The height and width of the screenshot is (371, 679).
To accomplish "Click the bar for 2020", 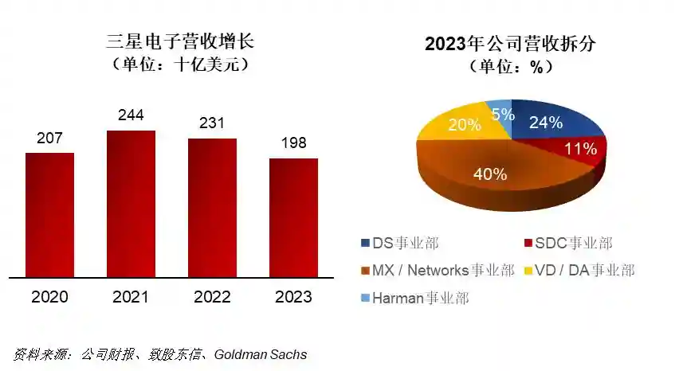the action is click(x=49, y=215).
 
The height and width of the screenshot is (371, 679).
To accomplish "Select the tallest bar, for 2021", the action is click(x=131, y=204).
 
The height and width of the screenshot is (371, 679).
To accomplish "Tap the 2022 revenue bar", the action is click(x=212, y=208).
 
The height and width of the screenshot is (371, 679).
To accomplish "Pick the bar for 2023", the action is click(x=293, y=218).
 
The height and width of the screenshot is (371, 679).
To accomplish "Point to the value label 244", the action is click(x=131, y=115).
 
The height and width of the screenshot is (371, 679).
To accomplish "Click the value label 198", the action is click(x=293, y=143).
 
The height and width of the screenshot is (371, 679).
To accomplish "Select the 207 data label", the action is click(x=49, y=138).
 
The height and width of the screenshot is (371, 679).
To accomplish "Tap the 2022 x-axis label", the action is click(x=212, y=297).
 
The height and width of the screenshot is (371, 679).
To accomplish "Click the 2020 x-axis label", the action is click(x=49, y=297).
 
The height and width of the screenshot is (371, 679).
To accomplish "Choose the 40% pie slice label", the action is click(x=490, y=174).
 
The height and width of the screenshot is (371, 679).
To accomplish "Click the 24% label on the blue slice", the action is click(x=546, y=123).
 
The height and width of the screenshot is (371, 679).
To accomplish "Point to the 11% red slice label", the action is click(x=581, y=149).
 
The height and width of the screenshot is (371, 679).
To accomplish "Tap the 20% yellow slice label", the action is click(x=464, y=125).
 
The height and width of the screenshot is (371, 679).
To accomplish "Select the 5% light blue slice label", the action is click(x=503, y=115).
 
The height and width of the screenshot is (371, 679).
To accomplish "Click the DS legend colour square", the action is click(x=366, y=243).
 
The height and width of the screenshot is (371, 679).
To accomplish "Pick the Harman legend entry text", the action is click(x=421, y=298).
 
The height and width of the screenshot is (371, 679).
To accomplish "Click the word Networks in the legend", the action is click(x=438, y=270).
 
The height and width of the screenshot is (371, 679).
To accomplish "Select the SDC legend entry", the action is click(x=568, y=243).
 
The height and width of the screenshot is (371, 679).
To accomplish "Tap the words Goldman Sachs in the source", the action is click(x=261, y=354).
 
